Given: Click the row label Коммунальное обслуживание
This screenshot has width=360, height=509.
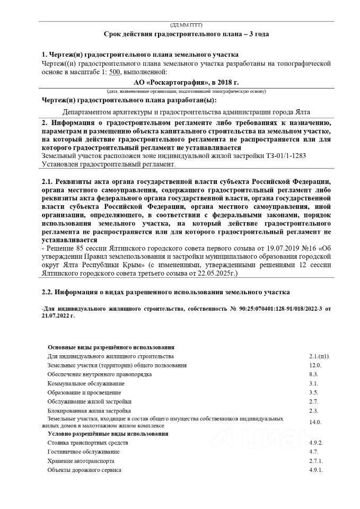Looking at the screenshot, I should (x=86, y=383).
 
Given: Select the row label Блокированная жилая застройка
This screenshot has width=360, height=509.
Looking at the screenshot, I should (x=89, y=410).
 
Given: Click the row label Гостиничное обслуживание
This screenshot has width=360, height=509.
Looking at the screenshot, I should (x=83, y=452).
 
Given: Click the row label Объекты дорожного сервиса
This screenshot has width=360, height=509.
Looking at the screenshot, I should (x=84, y=470).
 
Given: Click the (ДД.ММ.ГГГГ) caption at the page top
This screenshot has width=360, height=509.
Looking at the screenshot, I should (x=186, y=25).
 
